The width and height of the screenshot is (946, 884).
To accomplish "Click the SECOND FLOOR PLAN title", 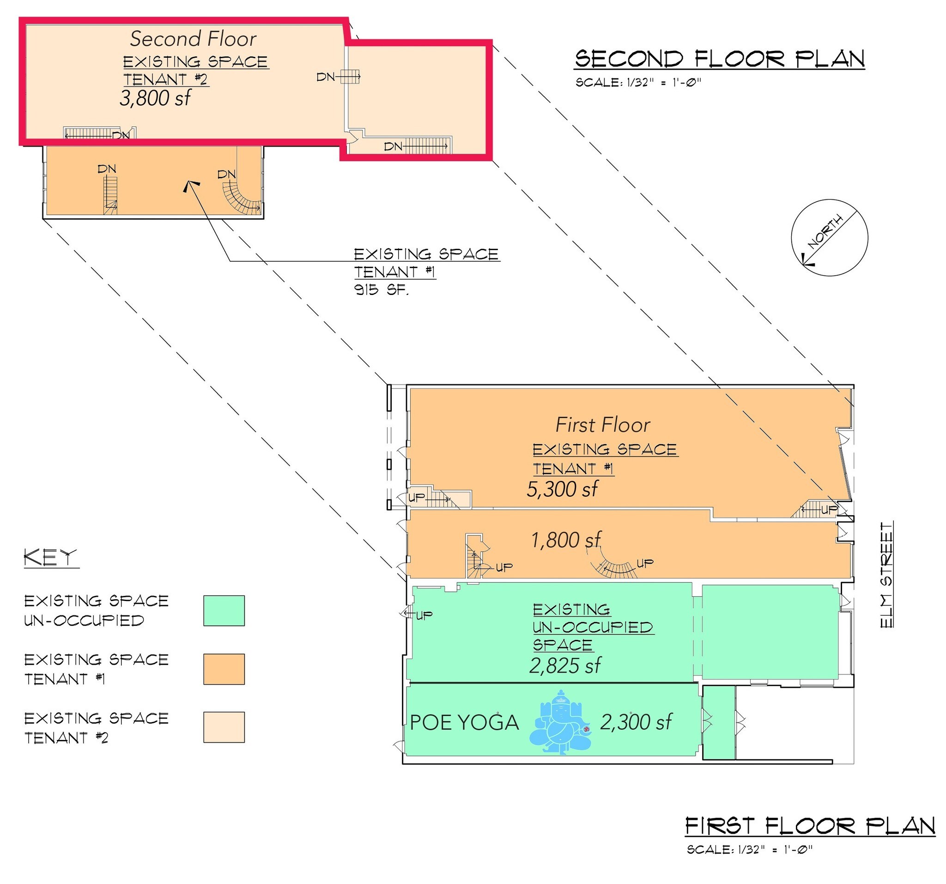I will click(x=720, y=60).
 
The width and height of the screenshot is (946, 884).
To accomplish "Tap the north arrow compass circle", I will click(x=830, y=238).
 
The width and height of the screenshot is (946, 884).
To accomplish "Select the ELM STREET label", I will click(x=886, y=575).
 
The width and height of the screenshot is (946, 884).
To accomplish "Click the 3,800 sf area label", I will click(x=155, y=98).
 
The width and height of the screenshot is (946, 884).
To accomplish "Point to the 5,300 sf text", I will click(x=562, y=489).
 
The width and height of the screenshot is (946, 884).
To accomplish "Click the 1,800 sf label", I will click(x=565, y=540).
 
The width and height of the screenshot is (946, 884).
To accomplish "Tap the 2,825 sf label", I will click(x=565, y=666).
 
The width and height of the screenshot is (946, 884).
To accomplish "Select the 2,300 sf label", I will click(x=636, y=722).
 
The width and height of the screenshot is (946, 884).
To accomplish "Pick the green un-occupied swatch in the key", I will click(x=224, y=611).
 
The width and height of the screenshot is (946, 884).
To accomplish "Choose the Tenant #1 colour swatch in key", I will click(x=224, y=669).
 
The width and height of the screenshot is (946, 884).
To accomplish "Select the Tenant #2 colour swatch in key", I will click(x=224, y=727).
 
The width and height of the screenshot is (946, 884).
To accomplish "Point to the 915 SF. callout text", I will click(x=381, y=289).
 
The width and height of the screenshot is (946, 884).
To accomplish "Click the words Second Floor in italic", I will click(x=193, y=39).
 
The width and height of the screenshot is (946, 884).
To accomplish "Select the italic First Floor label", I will click(x=602, y=425).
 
